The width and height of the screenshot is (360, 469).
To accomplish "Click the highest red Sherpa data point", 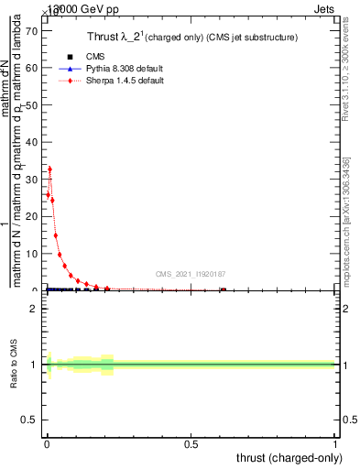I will coord(49,169).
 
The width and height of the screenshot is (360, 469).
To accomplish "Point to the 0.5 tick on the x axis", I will coord(191,443).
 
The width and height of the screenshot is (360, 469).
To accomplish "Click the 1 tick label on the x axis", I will coord(334,443).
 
